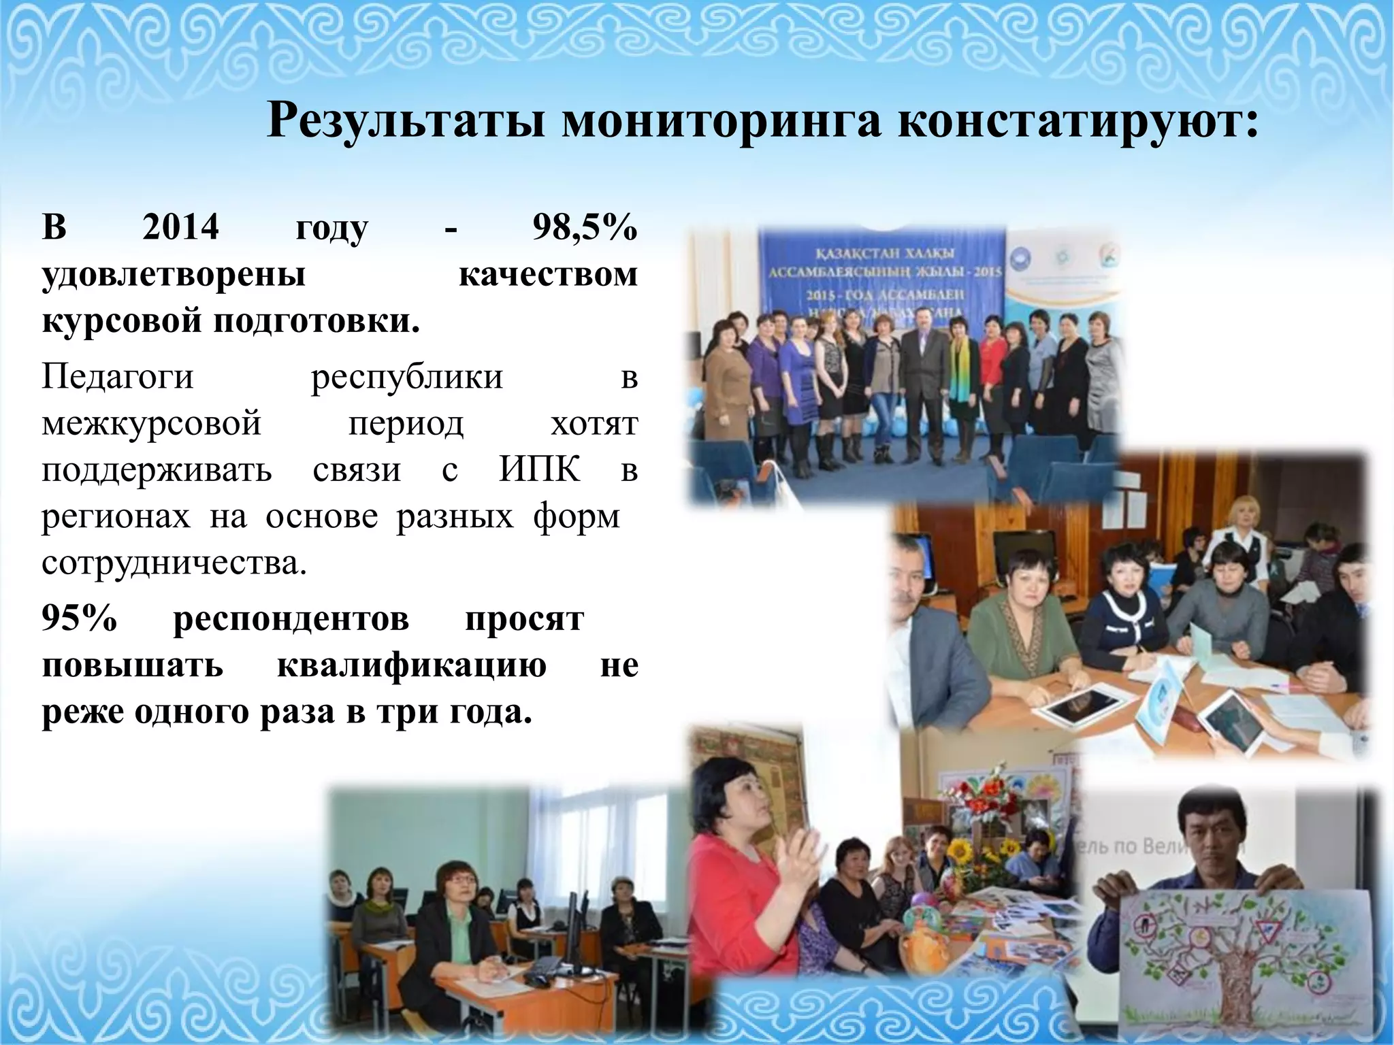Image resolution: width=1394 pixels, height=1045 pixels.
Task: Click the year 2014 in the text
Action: pos(180,227)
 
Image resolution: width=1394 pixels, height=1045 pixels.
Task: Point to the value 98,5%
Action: pos(584,227)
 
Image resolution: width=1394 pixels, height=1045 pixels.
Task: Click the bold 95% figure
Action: pos(80,618)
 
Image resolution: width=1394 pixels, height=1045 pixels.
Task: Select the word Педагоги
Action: pos(118,376)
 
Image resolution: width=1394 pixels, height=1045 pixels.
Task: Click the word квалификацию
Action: pos(411,665)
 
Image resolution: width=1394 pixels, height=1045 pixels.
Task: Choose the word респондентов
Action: pos(291,618)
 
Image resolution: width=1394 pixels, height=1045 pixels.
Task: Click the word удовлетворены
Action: pos(174,274)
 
